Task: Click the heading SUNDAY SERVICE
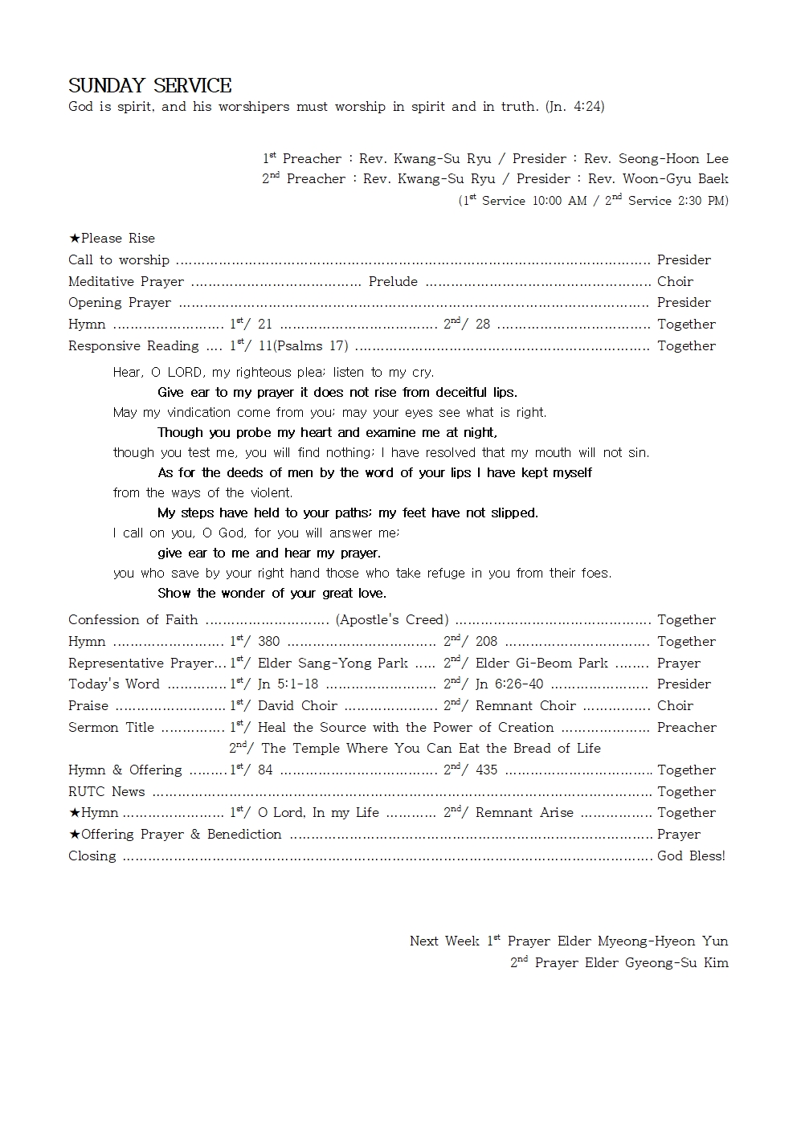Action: click(150, 85)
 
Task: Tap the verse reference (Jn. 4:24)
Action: click(574, 106)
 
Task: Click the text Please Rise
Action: click(117, 238)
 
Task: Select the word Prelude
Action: click(393, 281)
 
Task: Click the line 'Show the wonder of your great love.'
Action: click(272, 593)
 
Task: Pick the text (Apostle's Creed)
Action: click(392, 619)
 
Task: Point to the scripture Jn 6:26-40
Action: click(509, 684)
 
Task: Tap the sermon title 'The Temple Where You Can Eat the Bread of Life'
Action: click(431, 748)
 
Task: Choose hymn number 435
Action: click(486, 770)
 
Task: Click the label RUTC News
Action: click(107, 791)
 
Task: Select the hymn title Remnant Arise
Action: click(524, 812)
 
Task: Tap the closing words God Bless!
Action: click(691, 855)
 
